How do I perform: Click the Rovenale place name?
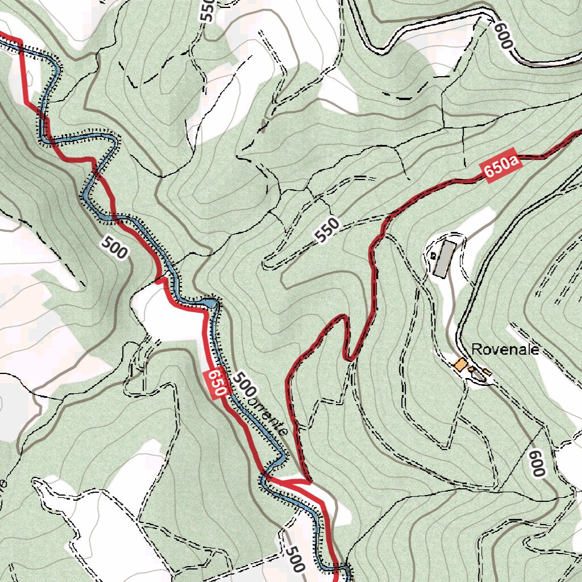click(x=505, y=349)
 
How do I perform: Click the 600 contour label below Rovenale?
click(x=537, y=463)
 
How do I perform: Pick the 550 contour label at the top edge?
click(x=207, y=10)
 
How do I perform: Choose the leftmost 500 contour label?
click(x=114, y=248)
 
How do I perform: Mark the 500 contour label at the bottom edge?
click(x=294, y=559)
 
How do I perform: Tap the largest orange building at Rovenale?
click(x=460, y=364)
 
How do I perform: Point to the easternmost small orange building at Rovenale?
click(x=487, y=372)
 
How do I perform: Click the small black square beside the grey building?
click(x=434, y=256)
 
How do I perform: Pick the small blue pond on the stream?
click(x=211, y=303)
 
